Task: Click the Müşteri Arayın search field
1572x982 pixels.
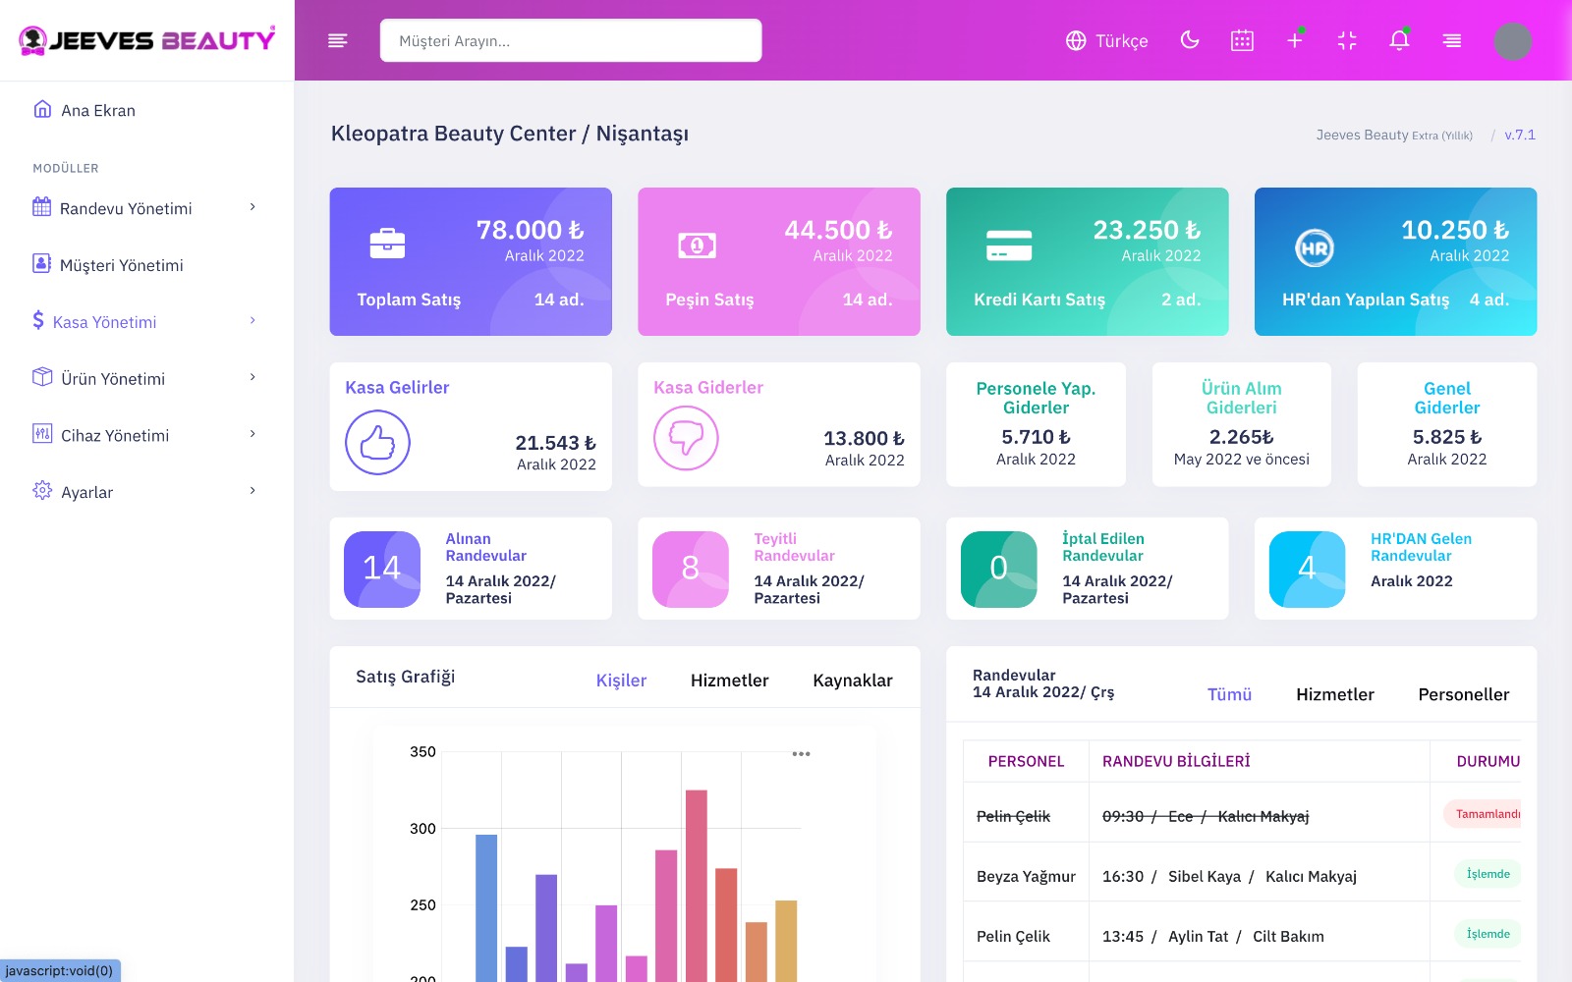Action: (x=570, y=41)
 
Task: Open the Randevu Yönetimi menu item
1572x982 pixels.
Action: (x=126, y=208)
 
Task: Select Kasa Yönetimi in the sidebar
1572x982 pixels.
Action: (x=104, y=322)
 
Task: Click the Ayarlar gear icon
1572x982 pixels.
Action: (x=42, y=491)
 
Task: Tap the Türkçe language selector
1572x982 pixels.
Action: (x=1107, y=41)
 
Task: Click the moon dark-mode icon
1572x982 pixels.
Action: (x=1190, y=40)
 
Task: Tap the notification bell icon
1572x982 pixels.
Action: (x=1399, y=40)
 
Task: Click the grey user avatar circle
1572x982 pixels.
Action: (x=1512, y=41)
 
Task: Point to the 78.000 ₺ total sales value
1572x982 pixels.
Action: (x=530, y=230)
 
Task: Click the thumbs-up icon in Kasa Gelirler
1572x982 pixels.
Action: (x=377, y=443)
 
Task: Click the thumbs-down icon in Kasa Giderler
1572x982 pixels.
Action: (x=686, y=438)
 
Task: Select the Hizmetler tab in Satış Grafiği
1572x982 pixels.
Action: (x=729, y=681)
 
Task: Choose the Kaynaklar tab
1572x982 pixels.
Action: (x=852, y=681)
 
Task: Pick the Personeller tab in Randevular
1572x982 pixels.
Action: (x=1463, y=694)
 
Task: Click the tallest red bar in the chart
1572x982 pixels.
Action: (x=696, y=884)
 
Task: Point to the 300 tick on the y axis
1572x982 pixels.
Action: (x=422, y=829)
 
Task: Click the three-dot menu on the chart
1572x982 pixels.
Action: (x=801, y=754)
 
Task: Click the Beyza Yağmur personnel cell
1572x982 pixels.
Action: (x=1026, y=876)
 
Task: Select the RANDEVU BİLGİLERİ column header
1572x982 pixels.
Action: (x=1176, y=761)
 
